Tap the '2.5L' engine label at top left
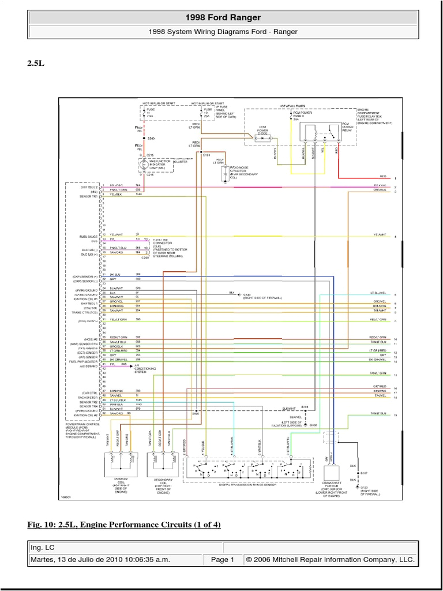35,63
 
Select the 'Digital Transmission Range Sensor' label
251,484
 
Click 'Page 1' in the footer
222,559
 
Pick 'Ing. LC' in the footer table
43,547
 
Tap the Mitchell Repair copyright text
329,559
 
